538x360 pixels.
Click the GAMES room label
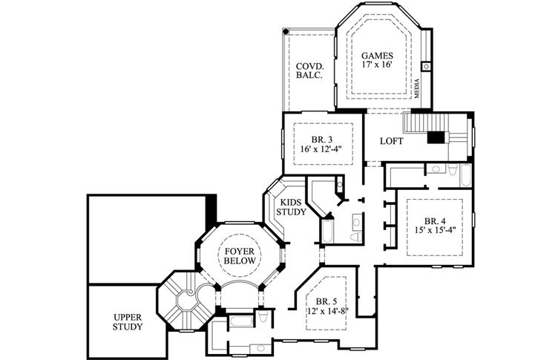[377, 55]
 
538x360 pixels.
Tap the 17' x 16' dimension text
[377, 65]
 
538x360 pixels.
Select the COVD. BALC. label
[310, 71]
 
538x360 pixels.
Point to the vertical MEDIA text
[417, 88]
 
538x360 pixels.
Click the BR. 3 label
[322, 140]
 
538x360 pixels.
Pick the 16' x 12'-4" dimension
[322, 149]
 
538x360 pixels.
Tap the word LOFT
[392, 141]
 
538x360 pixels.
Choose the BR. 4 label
[435, 220]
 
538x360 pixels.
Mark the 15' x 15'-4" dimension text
[435, 230]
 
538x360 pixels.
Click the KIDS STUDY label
[291, 207]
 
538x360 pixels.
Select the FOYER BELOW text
[240, 256]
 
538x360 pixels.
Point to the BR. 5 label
[327, 301]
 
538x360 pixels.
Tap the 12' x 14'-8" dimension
[327, 311]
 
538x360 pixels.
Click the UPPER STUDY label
[128, 322]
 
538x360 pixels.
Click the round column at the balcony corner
[286, 32]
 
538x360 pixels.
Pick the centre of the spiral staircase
[188, 293]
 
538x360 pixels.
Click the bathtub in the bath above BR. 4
[466, 175]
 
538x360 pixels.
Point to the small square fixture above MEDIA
[426, 66]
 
